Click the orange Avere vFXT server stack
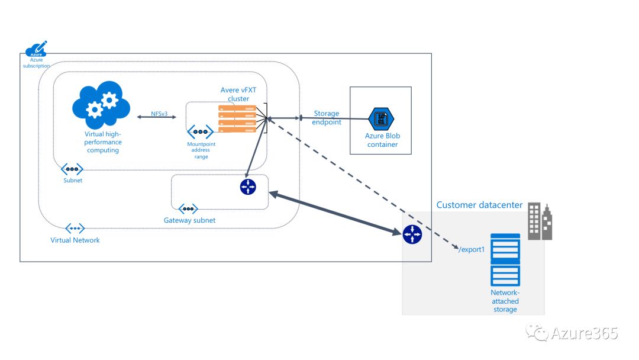click(x=237, y=118)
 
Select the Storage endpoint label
click(x=327, y=118)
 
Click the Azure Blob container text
click(x=382, y=140)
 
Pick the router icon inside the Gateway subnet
click(x=248, y=187)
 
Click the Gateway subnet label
click(x=190, y=220)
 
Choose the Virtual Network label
click(x=75, y=240)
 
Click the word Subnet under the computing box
click(x=73, y=180)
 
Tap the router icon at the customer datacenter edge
click(x=412, y=235)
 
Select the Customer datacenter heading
click(x=479, y=205)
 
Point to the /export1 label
click(x=472, y=249)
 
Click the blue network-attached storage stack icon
click(x=505, y=260)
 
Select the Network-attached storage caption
click(x=505, y=301)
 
